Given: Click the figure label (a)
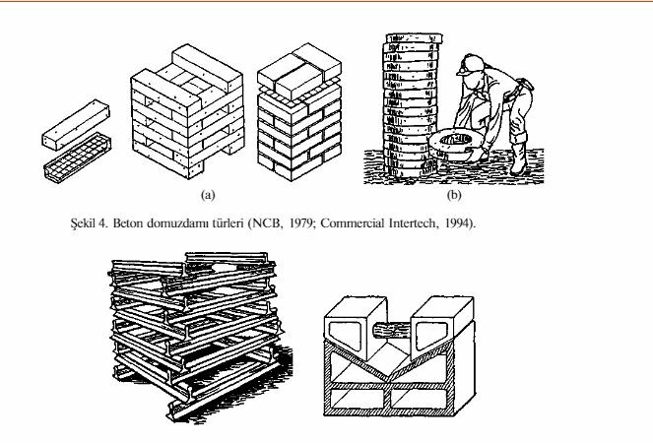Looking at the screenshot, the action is click(x=208, y=195).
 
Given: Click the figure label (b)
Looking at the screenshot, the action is click(x=454, y=195).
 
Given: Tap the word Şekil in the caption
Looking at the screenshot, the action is click(x=83, y=223).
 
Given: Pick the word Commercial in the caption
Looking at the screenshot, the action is click(x=353, y=223).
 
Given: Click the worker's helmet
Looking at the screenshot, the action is click(x=470, y=64).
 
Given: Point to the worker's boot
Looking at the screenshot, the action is click(x=518, y=159).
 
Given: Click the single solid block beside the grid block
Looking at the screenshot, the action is click(x=76, y=125).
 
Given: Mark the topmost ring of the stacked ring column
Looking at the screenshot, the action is click(x=414, y=38).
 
